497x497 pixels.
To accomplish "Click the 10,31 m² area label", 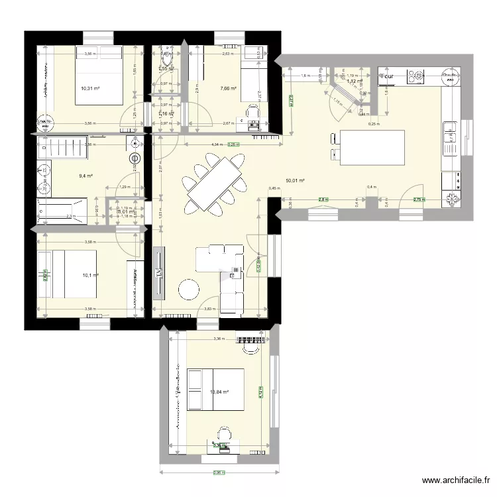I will (x=90, y=88).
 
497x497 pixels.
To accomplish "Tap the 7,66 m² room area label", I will (x=228, y=88).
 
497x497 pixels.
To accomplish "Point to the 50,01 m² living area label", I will (x=295, y=180).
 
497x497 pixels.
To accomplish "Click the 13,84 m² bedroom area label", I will (x=219, y=392).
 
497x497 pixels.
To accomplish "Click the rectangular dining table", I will (x=214, y=184).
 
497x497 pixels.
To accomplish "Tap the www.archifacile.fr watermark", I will (x=457, y=481).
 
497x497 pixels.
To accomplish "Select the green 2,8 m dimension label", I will (x=323, y=199).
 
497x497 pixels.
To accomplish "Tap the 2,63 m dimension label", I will (x=227, y=54).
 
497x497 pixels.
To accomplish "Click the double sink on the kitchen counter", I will (x=451, y=133).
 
